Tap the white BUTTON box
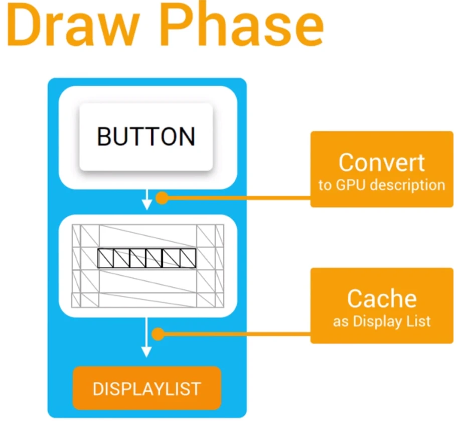click(x=146, y=137)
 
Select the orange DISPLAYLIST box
click(x=146, y=388)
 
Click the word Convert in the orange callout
click(x=381, y=162)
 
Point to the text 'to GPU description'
click(x=381, y=185)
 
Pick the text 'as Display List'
click(x=381, y=321)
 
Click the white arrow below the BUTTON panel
click(x=146, y=199)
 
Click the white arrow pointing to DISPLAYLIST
click(x=146, y=337)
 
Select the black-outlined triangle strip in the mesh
click(x=146, y=258)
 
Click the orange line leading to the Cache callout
click(x=236, y=334)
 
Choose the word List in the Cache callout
click(x=419, y=321)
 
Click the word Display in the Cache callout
click(x=377, y=321)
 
